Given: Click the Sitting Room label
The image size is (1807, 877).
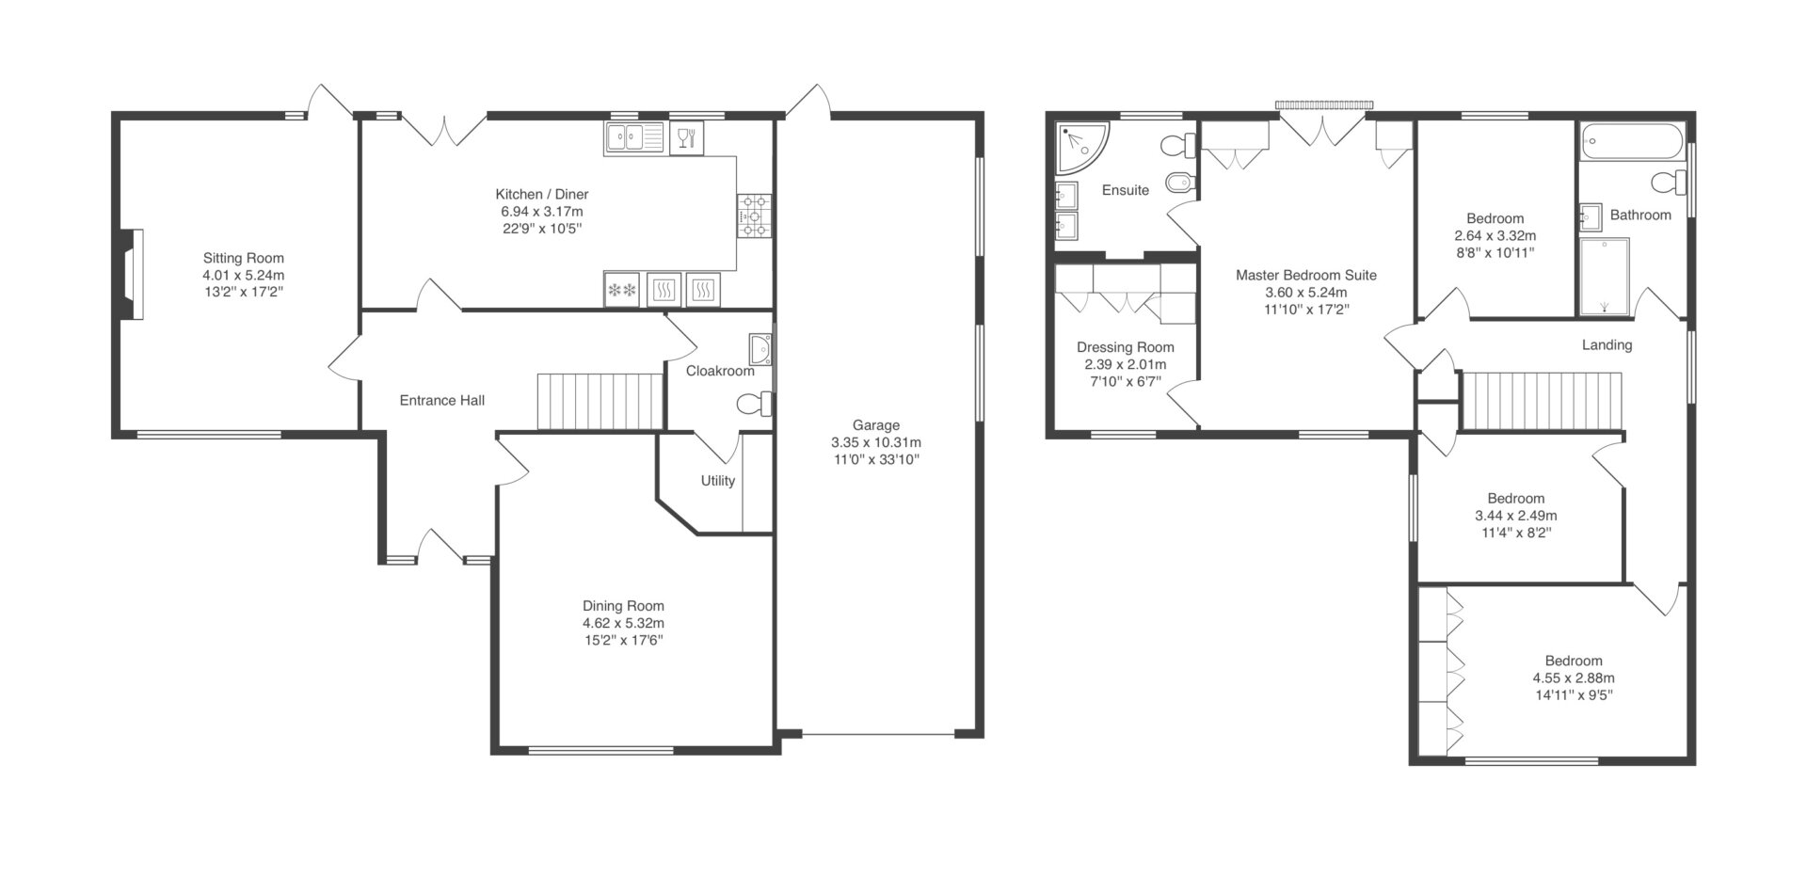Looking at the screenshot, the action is pyautogui.click(x=243, y=258).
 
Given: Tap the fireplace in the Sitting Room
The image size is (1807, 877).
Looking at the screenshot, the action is pyautogui.click(x=130, y=275).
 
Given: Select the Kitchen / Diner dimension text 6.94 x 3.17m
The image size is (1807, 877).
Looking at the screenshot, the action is pyautogui.click(x=542, y=212).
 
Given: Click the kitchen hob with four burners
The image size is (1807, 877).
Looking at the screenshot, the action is pyautogui.click(x=755, y=215).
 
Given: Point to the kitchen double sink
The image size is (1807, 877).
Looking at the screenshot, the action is pyautogui.click(x=634, y=139).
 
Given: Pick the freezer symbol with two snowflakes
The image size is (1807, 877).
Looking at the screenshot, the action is pyautogui.click(x=622, y=290).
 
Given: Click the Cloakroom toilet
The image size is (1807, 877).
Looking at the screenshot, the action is pyautogui.click(x=755, y=405).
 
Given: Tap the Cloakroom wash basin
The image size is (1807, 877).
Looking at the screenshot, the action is pyautogui.click(x=760, y=349).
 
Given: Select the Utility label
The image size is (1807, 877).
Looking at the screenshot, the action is pyautogui.click(x=717, y=481).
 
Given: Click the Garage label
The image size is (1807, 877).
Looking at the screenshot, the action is pyautogui.click(x=876, y=425).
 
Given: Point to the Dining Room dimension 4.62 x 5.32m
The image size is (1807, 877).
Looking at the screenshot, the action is pyautogui.click(x=623, y=623).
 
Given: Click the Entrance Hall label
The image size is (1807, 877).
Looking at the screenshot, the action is pyautogui.click(x=442, y=401).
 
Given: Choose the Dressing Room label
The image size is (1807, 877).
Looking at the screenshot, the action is pyautogui.click(x=1126, y=347).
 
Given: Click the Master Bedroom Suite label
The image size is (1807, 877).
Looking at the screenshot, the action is pyautogui.click(x=1306, y=276).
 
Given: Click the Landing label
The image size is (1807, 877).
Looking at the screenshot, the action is pyautogui.click(x=1607, y=345).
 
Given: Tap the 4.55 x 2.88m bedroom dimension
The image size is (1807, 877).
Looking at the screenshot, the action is pyautogui.click(x=1574, y=678).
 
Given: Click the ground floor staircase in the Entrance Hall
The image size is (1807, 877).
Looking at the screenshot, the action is pyautogui.click(x=601, y=402).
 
